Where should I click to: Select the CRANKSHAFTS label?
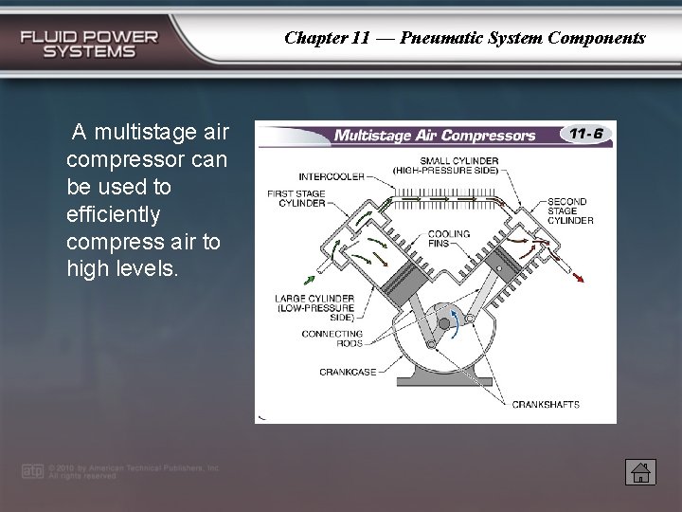[x=546, y=405]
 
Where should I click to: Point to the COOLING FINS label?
[x=447, y=237]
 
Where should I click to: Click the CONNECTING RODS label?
[x=332, y=338]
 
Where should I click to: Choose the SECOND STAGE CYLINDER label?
[x=570, y=210]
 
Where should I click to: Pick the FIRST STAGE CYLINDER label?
[x=296, y=198]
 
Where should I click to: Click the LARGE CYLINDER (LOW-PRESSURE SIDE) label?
[x=314, y=308]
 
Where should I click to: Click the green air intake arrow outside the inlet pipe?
[x=309, y=279]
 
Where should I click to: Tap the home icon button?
[x=640, y=471]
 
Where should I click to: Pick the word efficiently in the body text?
[x=114, y=213]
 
